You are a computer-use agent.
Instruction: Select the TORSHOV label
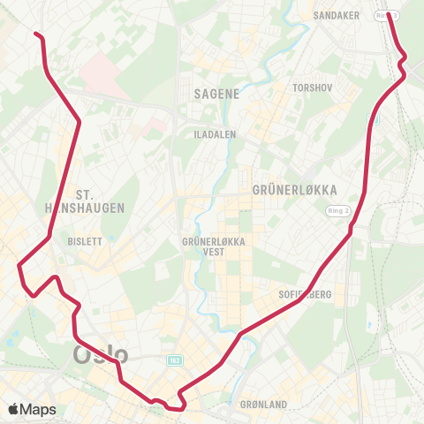point(314,88)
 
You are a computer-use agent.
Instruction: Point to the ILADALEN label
point(212,134)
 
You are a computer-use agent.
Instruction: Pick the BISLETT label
point(85,240)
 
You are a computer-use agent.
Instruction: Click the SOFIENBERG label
point(304,294)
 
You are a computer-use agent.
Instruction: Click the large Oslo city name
point(100,356)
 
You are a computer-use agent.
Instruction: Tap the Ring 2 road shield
point(337,210)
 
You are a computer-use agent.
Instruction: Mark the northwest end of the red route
point(36,34)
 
